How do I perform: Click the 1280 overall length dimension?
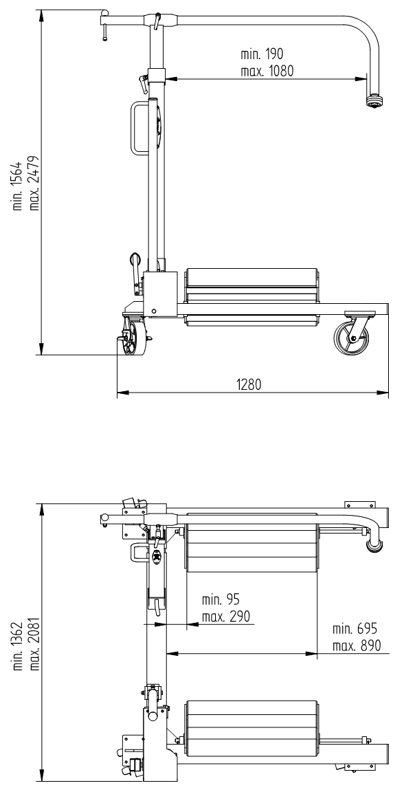[x=248, y=385]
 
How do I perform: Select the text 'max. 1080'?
[x=267, y=71]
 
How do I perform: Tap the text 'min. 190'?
[x=262, y=54]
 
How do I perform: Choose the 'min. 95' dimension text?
[x=221, y=599]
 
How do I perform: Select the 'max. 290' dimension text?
[x=225, y=617]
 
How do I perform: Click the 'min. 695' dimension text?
[x=355, y=629]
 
